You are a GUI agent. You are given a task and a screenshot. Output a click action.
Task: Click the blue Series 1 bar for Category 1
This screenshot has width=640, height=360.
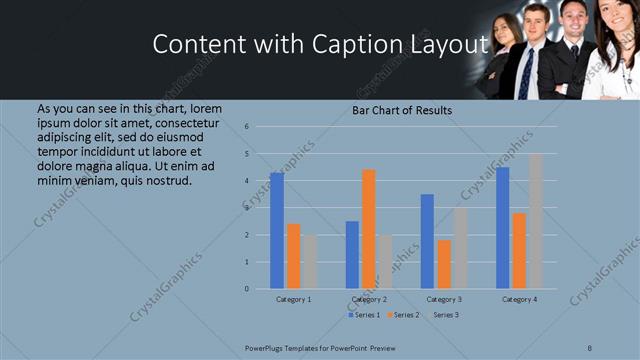277,231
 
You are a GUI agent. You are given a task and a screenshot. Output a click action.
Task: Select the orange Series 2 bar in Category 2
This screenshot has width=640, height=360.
369,229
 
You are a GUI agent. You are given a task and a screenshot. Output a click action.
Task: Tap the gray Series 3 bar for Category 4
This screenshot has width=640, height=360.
536,221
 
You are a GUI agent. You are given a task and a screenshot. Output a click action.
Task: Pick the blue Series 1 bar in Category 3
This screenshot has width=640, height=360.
427,241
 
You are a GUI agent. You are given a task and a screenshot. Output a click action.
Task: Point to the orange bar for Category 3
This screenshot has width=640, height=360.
444,264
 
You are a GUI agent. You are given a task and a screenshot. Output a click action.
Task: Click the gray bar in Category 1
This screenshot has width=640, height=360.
310,262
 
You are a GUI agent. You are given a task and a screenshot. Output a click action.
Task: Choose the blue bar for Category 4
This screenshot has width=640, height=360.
502,228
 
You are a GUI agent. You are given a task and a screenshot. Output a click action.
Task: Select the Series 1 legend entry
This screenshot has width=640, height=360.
363,315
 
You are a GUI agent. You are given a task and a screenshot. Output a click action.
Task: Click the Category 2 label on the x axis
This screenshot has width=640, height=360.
369,299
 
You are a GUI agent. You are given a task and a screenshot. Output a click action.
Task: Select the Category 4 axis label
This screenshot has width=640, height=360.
519,299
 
